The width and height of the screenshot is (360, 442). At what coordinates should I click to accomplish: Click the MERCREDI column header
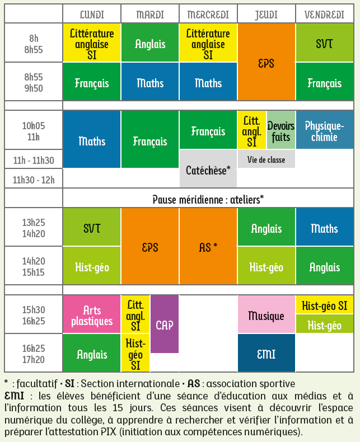click(208, 15)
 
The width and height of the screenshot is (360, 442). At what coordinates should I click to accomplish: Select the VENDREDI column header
click(324, 15)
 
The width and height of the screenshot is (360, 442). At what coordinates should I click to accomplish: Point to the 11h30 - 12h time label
click(34, 179)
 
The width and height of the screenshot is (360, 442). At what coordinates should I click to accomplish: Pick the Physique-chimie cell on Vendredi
click(324, 130)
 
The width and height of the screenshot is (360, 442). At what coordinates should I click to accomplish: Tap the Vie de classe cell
click(266, 159)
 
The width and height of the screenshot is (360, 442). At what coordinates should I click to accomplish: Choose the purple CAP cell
click(165, 325)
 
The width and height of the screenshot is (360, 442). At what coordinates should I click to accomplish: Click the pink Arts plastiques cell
click(92, 316)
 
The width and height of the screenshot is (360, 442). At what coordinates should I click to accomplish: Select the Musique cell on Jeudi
click(266, 316)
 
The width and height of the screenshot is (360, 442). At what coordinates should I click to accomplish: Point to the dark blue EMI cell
click(266, 354)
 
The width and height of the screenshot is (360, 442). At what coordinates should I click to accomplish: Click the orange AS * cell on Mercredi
click(208, 247)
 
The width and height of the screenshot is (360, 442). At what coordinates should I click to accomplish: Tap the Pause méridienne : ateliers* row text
click(208, 199)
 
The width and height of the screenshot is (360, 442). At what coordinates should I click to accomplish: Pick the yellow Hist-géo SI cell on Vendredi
click(324, 305)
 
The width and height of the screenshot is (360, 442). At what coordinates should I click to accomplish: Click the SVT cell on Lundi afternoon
click(92, 228)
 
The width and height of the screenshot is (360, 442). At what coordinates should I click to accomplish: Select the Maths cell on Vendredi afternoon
click(324, 228)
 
